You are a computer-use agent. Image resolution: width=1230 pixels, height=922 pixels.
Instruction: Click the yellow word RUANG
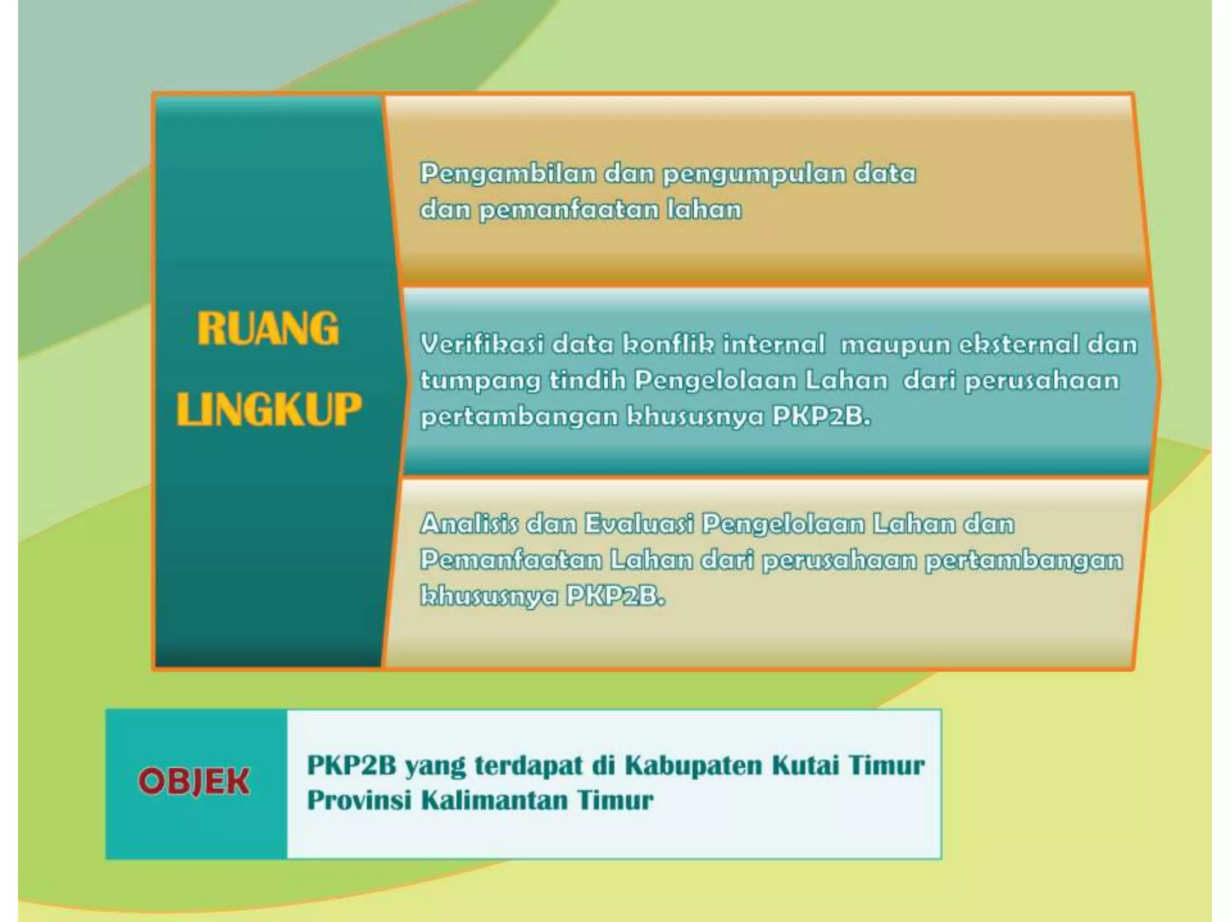pyautogui.click(x=268, y=328)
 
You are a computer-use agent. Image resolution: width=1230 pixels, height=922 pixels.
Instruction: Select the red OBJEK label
pyautogui.click(x=193, y=782)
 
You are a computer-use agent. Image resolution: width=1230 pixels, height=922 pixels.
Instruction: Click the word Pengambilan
pyautogui.click(x=507, y=174)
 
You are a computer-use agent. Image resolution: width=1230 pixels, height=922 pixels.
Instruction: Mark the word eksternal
pyautogui.click(x=1018, y=345)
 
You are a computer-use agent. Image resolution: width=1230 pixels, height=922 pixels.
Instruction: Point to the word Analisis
pyautogui.click(x=468, y=524)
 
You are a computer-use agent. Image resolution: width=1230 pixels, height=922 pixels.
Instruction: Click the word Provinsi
pyautogui.click(x=359, y=801)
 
